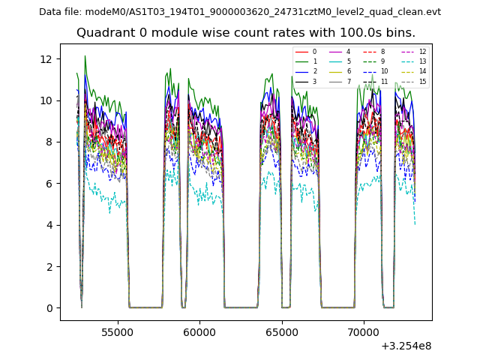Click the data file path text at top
(x=239, y=12)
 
